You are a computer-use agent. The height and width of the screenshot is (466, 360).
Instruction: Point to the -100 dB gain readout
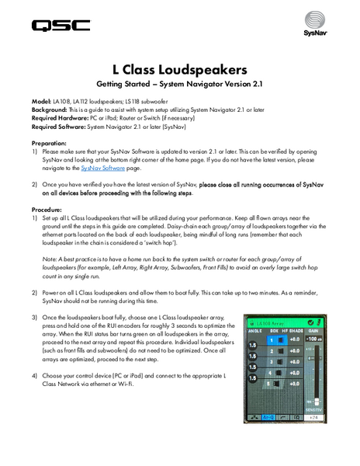pos(314,340)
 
